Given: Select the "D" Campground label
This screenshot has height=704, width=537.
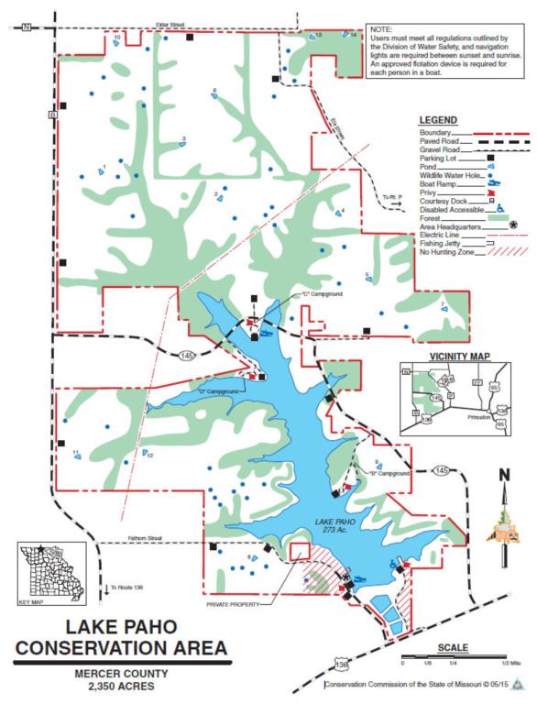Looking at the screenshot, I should coord(217,391).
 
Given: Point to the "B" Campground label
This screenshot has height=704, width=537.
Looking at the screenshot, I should coord(389,474).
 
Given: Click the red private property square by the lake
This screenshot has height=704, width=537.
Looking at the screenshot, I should coord(299,552).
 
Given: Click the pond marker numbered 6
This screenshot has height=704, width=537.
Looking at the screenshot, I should coord(215,95).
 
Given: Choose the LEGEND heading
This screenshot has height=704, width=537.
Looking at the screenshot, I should coord(439,121).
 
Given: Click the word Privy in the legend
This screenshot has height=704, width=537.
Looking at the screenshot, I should coord(427,193).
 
